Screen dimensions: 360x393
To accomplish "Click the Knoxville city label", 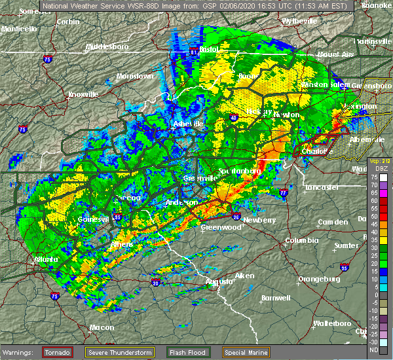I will click(x=83, y=94).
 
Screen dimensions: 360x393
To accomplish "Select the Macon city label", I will click(x=83, y=327).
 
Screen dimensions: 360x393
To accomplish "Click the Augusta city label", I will click(x=219, y=281).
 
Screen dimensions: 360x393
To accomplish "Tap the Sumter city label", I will click(x=346, y=245).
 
